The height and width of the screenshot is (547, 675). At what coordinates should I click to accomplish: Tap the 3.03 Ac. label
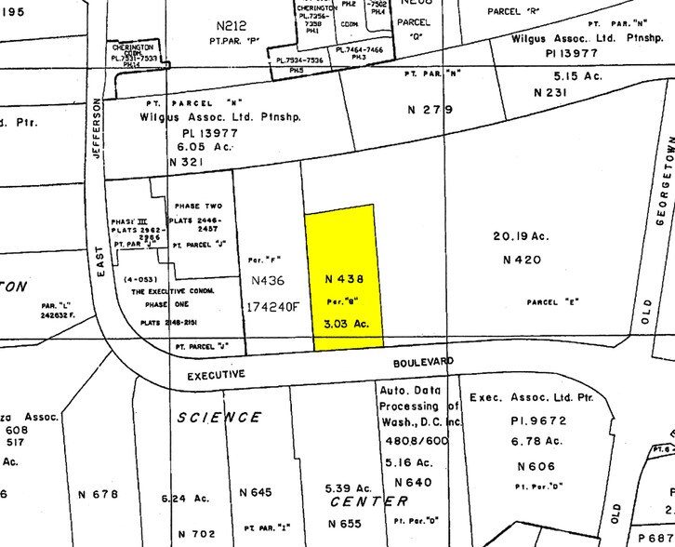pos(347,324)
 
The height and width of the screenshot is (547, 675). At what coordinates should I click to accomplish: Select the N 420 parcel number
pos(521,260)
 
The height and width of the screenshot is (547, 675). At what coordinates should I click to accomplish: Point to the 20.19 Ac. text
pos(521,236)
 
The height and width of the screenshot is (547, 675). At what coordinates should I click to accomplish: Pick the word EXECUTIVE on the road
pos(215,374)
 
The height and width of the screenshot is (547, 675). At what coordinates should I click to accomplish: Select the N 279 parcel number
pos(430,110)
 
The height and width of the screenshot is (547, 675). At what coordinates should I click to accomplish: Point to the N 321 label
pos(186,162)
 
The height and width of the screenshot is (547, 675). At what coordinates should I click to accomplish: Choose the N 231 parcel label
pos(551,92)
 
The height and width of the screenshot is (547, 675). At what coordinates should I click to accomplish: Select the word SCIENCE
pos(219,417)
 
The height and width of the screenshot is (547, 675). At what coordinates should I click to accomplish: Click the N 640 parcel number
pos(413,482)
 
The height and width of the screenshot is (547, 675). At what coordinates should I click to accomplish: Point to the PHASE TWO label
pos(197,206)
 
